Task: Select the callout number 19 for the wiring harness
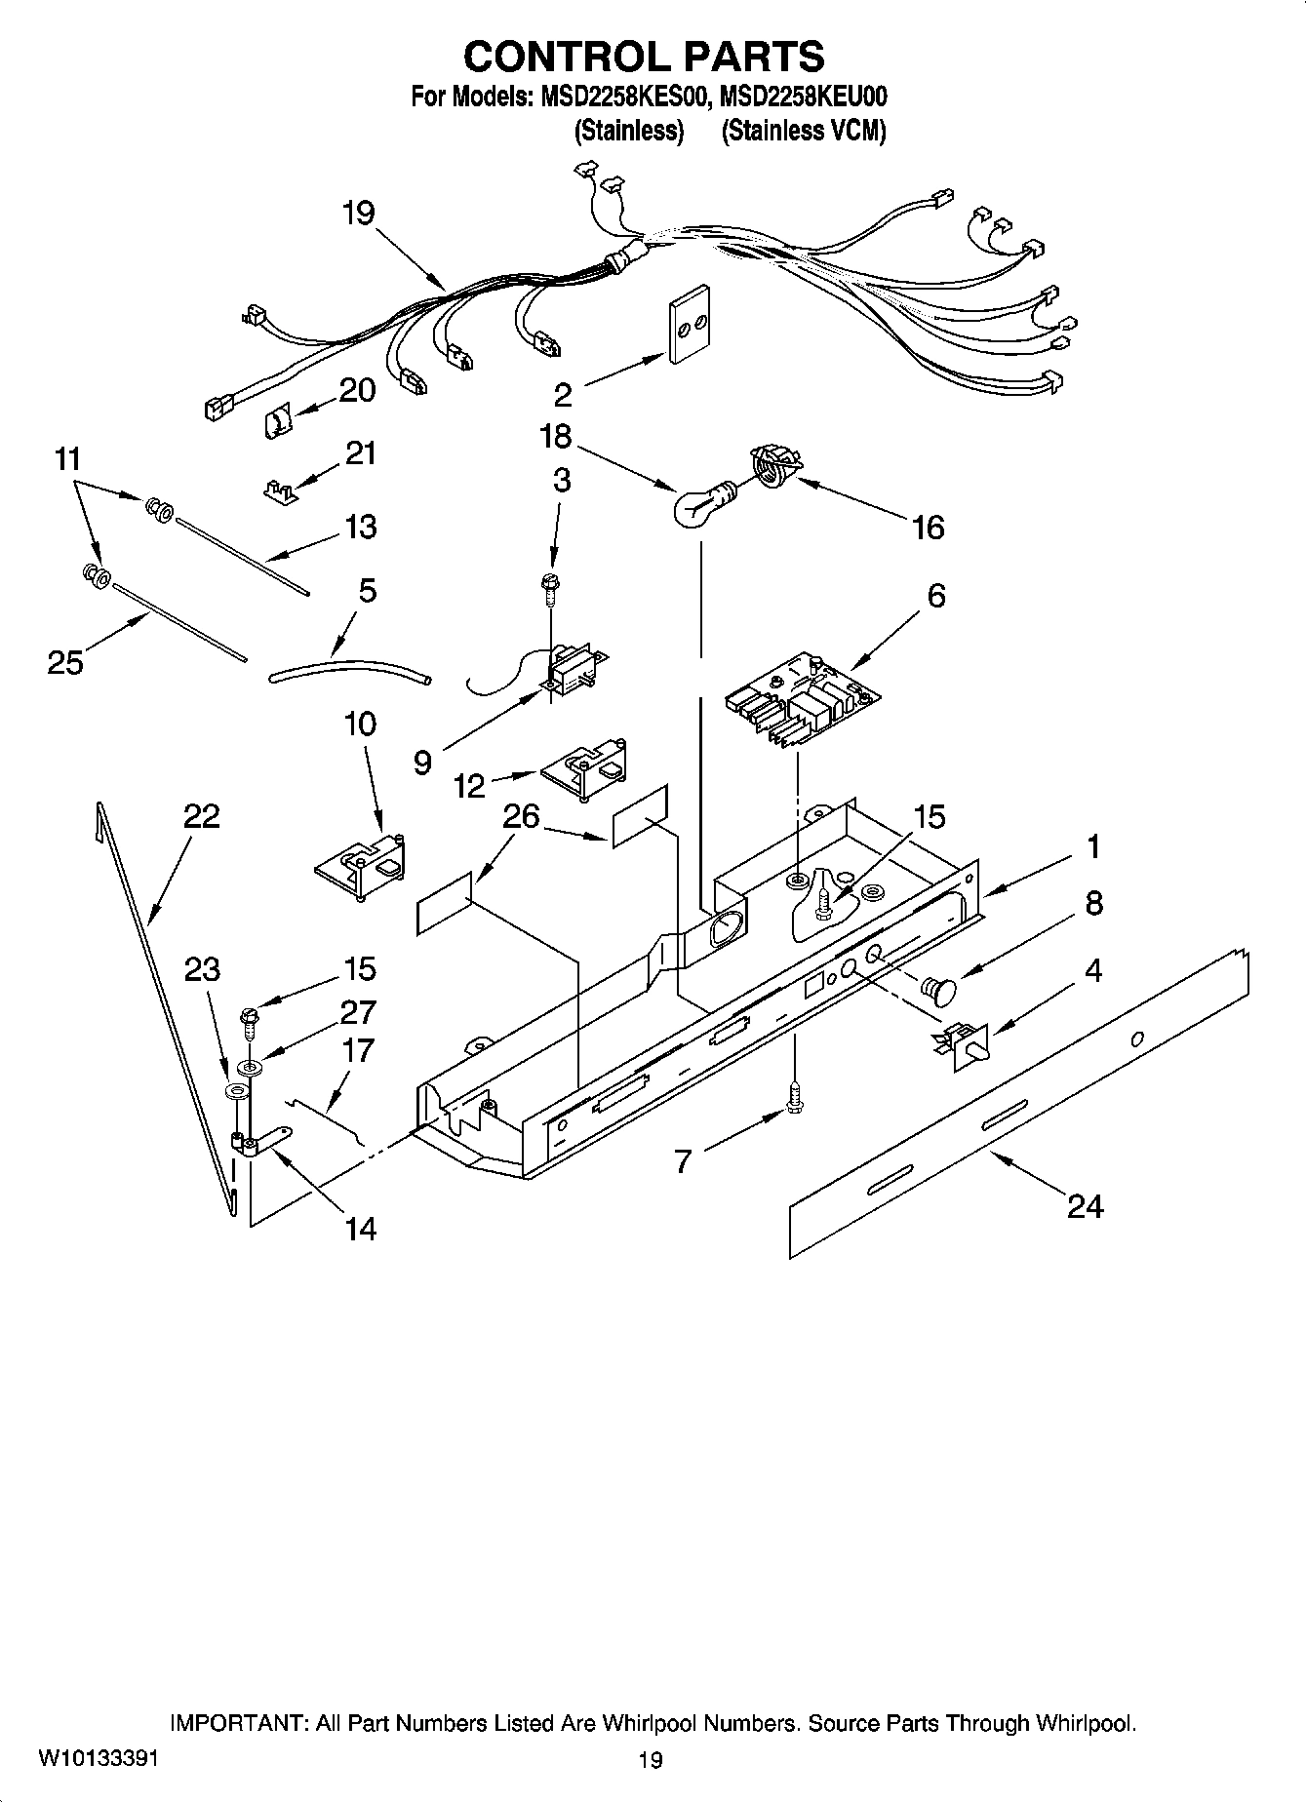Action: pyautogui.click(x=359, y=213)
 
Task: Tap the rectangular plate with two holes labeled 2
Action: pyautogui.click(x=689, y=327)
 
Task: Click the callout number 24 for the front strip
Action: pyautogui.click(x=1084, y=1207)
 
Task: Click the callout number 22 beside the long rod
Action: pyautogui.click(x=202, y=816)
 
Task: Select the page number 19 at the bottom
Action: pyautogui.click(x=651, y=1760)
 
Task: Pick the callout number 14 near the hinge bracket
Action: pyautogui.click(x=360, y=1229)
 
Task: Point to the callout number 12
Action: pyautogui.click(x=469, y=786)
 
